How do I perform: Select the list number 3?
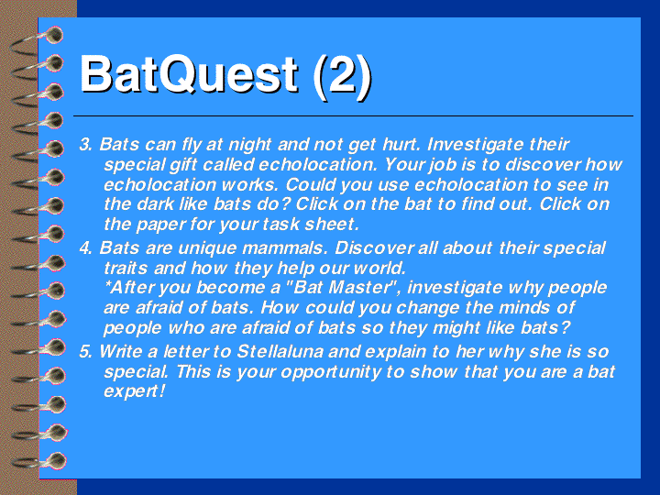click(x=85, y=145)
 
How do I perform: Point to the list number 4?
click(x=85, y=247)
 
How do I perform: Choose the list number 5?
click(x=85, y=351)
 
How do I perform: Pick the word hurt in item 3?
click(x=401, y=145)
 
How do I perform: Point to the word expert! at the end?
click(x=134, y=391)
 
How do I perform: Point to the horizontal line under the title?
click(x=353, y=115)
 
